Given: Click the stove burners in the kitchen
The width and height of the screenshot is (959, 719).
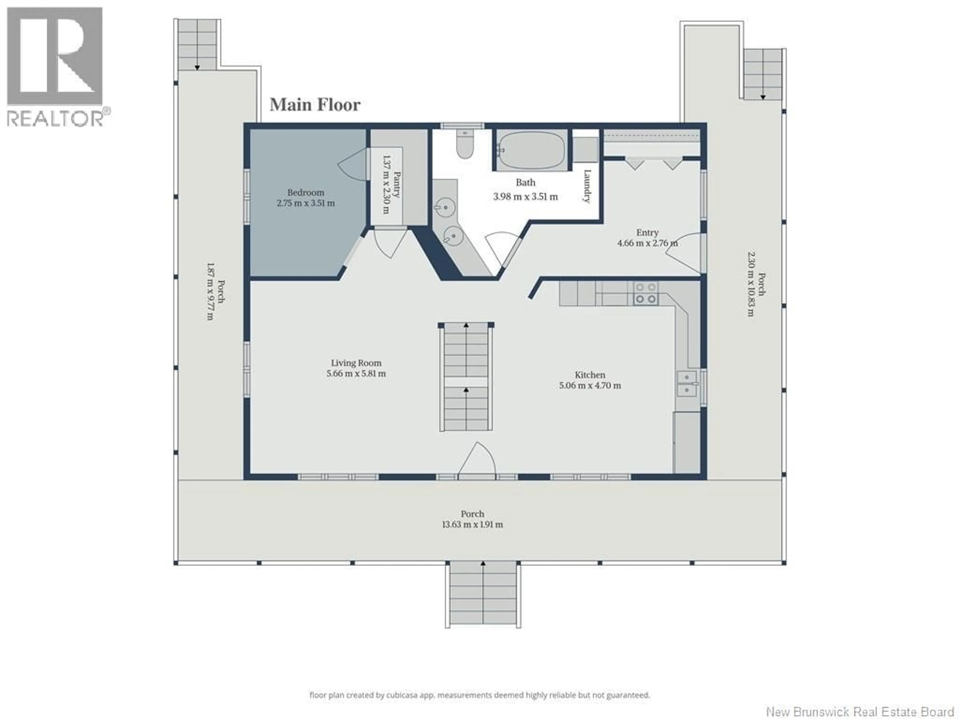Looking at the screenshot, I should [646, 293].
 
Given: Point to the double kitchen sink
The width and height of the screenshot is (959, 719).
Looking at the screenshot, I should [687, 383].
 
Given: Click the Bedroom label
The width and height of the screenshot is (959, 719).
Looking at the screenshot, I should [306, 192].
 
